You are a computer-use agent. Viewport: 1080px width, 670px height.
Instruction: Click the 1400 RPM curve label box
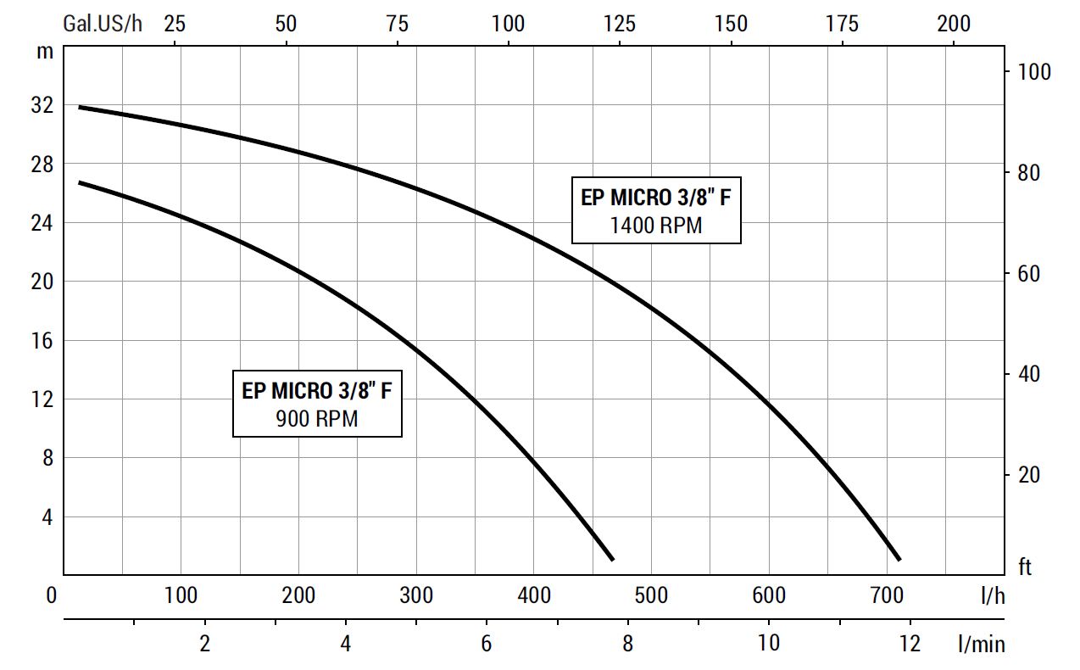coord(656,211)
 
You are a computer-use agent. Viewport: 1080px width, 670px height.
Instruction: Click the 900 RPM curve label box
coord(317,405)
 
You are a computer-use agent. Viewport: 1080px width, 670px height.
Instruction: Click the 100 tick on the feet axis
coord(1033,72)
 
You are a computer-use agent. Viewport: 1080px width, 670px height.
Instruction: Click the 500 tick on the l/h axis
coord(651,595)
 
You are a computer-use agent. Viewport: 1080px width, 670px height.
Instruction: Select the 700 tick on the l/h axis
coord(887,595)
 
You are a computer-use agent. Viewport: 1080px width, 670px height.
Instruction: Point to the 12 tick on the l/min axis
coord(910,644)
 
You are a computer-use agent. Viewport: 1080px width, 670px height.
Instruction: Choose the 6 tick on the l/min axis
coord(487,644)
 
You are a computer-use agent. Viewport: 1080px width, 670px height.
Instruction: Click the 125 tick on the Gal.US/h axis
coord(620,23)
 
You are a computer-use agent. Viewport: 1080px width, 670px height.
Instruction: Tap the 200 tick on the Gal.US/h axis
coord(954,23)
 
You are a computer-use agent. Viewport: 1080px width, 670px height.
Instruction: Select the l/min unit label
coord(983,645)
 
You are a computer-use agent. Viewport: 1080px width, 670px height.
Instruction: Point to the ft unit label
coord(1025,567)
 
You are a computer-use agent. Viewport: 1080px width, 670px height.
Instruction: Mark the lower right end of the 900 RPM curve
coord(612,559)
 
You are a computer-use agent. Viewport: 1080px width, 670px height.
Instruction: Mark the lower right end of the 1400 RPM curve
coord(899,559)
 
